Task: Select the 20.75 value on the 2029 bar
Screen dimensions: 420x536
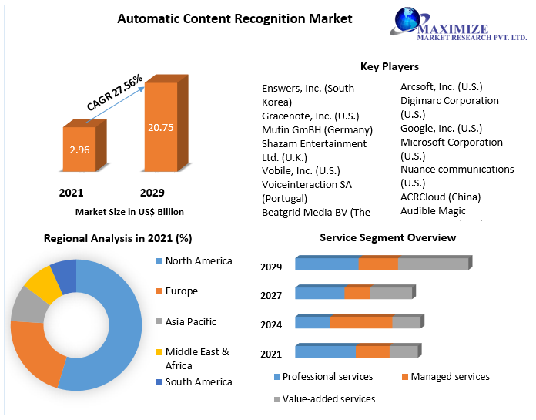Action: tap(161, 126)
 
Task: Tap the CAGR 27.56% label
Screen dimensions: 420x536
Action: tap(115, 93)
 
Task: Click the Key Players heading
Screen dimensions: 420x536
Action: tap(390, 67)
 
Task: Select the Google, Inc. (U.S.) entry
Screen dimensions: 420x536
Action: tap(441, 129)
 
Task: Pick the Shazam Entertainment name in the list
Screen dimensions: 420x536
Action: tap(314, 143)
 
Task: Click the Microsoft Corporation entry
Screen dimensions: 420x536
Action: tap(451, 143)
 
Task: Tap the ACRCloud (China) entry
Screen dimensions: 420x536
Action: tap(441, 197)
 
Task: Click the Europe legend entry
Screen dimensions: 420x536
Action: tap(181, 291)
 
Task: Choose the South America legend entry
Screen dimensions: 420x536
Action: tap(198, 381)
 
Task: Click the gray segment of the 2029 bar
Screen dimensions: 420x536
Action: tap(433, 264)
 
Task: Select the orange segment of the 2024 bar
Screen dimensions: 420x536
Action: tap(361, 322)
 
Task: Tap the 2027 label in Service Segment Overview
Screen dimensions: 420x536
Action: tap(271, 295)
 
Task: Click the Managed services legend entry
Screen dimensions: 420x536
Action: tap(450, 377)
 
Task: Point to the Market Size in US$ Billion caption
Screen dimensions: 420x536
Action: tap(129, 211)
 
